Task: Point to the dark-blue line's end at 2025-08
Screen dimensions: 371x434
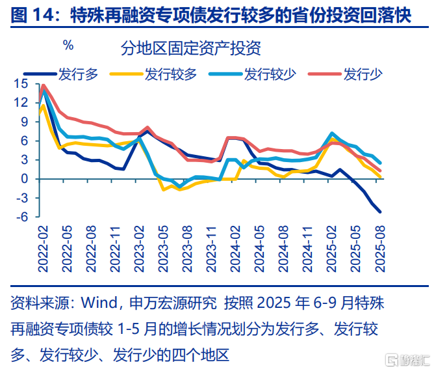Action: [x=380, y=212]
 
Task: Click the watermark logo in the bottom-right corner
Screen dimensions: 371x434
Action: [x=406, y=359]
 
